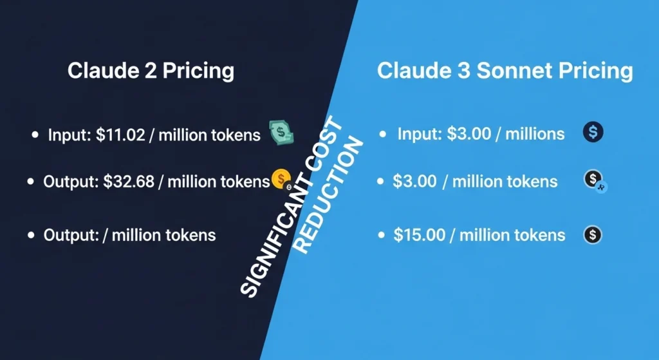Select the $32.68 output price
click(x=129, y=182)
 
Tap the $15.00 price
click(x=419, y=235)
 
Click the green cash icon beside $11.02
click(x=281, y=133)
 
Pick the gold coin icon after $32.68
click(x=280, y=178)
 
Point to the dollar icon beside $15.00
click(x=592, y=234)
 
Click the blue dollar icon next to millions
click(x=593, y=133)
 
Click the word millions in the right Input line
click(x=534, y=134)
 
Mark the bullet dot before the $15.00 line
click(x=382, y=235)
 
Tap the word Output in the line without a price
click(x=68, y=235)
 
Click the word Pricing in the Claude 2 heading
click(x=198, y=70)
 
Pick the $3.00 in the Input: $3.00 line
click(x=470, y=134)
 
